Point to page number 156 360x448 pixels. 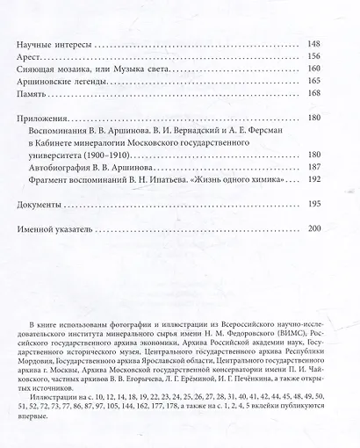pos(316,61)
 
